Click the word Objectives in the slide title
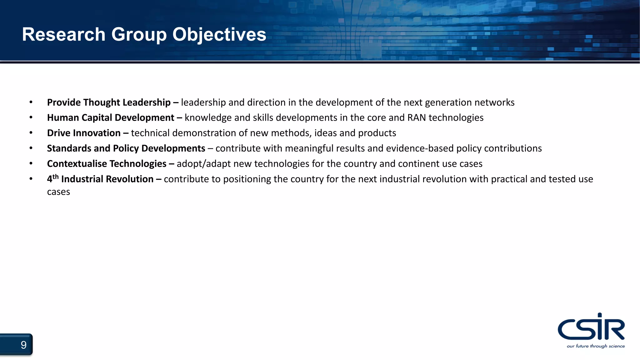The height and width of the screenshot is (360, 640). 219,34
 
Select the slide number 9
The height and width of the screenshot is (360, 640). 23,345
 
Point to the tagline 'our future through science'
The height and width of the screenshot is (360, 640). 596,346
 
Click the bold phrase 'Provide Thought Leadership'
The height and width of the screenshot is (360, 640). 109,102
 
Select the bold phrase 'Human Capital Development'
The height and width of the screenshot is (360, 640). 111,118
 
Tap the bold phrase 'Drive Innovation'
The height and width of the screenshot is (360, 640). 84,133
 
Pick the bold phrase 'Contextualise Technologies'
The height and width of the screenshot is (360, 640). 107,164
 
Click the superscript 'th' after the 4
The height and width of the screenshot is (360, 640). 56,177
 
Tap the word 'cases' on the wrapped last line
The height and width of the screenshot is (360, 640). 58,192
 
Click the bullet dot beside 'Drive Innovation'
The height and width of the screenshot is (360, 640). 31,133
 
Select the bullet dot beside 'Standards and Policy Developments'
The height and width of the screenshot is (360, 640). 31,148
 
